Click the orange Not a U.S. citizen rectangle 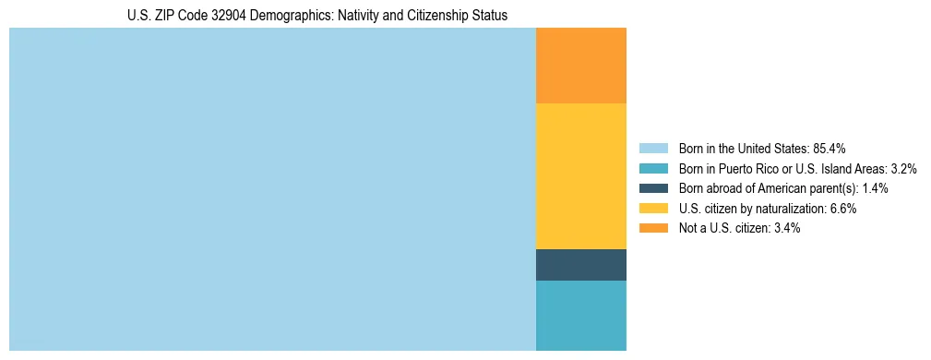[x=580, y=66]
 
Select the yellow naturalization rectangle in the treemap [x=580, y=175]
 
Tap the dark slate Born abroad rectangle [x=580, y=264]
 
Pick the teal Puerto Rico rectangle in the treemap [x=580, y=315]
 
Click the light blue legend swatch [x=653, y=149]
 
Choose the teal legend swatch [x=653, y=169]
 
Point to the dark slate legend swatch [x=653, y=188]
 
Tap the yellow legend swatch [x=653, y=209]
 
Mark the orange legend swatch [x=653, y=228]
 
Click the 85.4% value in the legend [x=830, y=149]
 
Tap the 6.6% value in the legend [x=842, y=209]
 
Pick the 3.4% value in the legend [x=786, y=228]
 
